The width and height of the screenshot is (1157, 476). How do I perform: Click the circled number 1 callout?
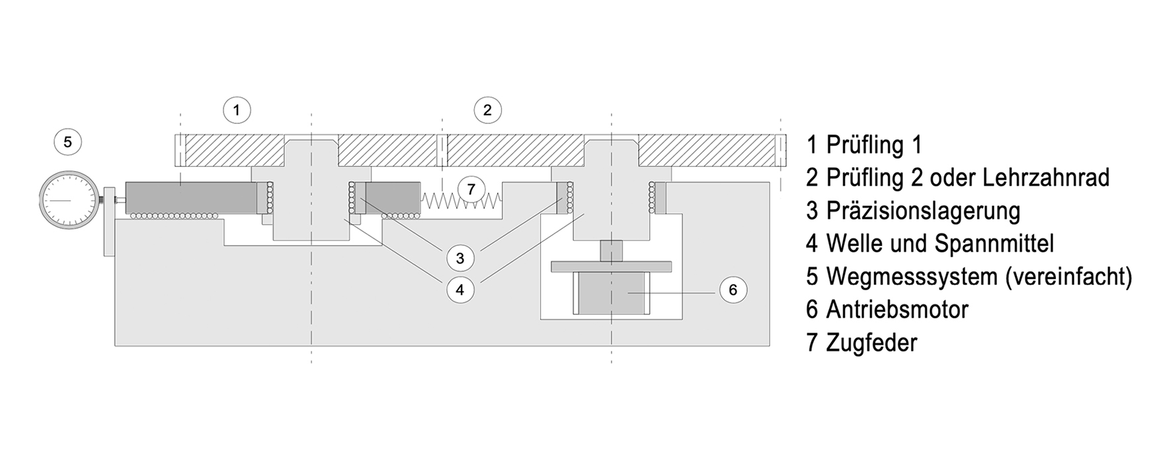pos(237,110)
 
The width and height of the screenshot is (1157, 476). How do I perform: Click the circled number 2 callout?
pos(487,110)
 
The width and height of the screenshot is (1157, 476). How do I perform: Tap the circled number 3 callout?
pos(460,258)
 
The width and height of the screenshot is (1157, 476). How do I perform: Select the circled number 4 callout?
pos(460,290)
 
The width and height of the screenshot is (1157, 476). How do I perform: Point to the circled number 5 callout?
pos(67,141)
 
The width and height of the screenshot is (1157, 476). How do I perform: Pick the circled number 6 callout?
pos(733,290)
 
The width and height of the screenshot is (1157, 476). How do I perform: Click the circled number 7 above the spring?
pos(471,190)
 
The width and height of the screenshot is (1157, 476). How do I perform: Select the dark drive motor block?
pos(612,293)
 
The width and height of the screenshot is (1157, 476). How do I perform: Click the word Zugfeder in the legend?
pos(871,342)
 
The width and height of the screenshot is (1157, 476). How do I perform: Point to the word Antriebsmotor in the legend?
pos(897,309)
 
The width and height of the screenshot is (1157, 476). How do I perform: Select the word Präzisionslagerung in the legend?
pos(923,211)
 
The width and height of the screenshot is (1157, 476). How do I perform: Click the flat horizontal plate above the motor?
pos(612,267)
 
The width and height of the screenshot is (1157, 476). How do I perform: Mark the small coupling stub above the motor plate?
pos(612,251)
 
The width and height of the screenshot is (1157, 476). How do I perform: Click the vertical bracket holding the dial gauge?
pos(109,222)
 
